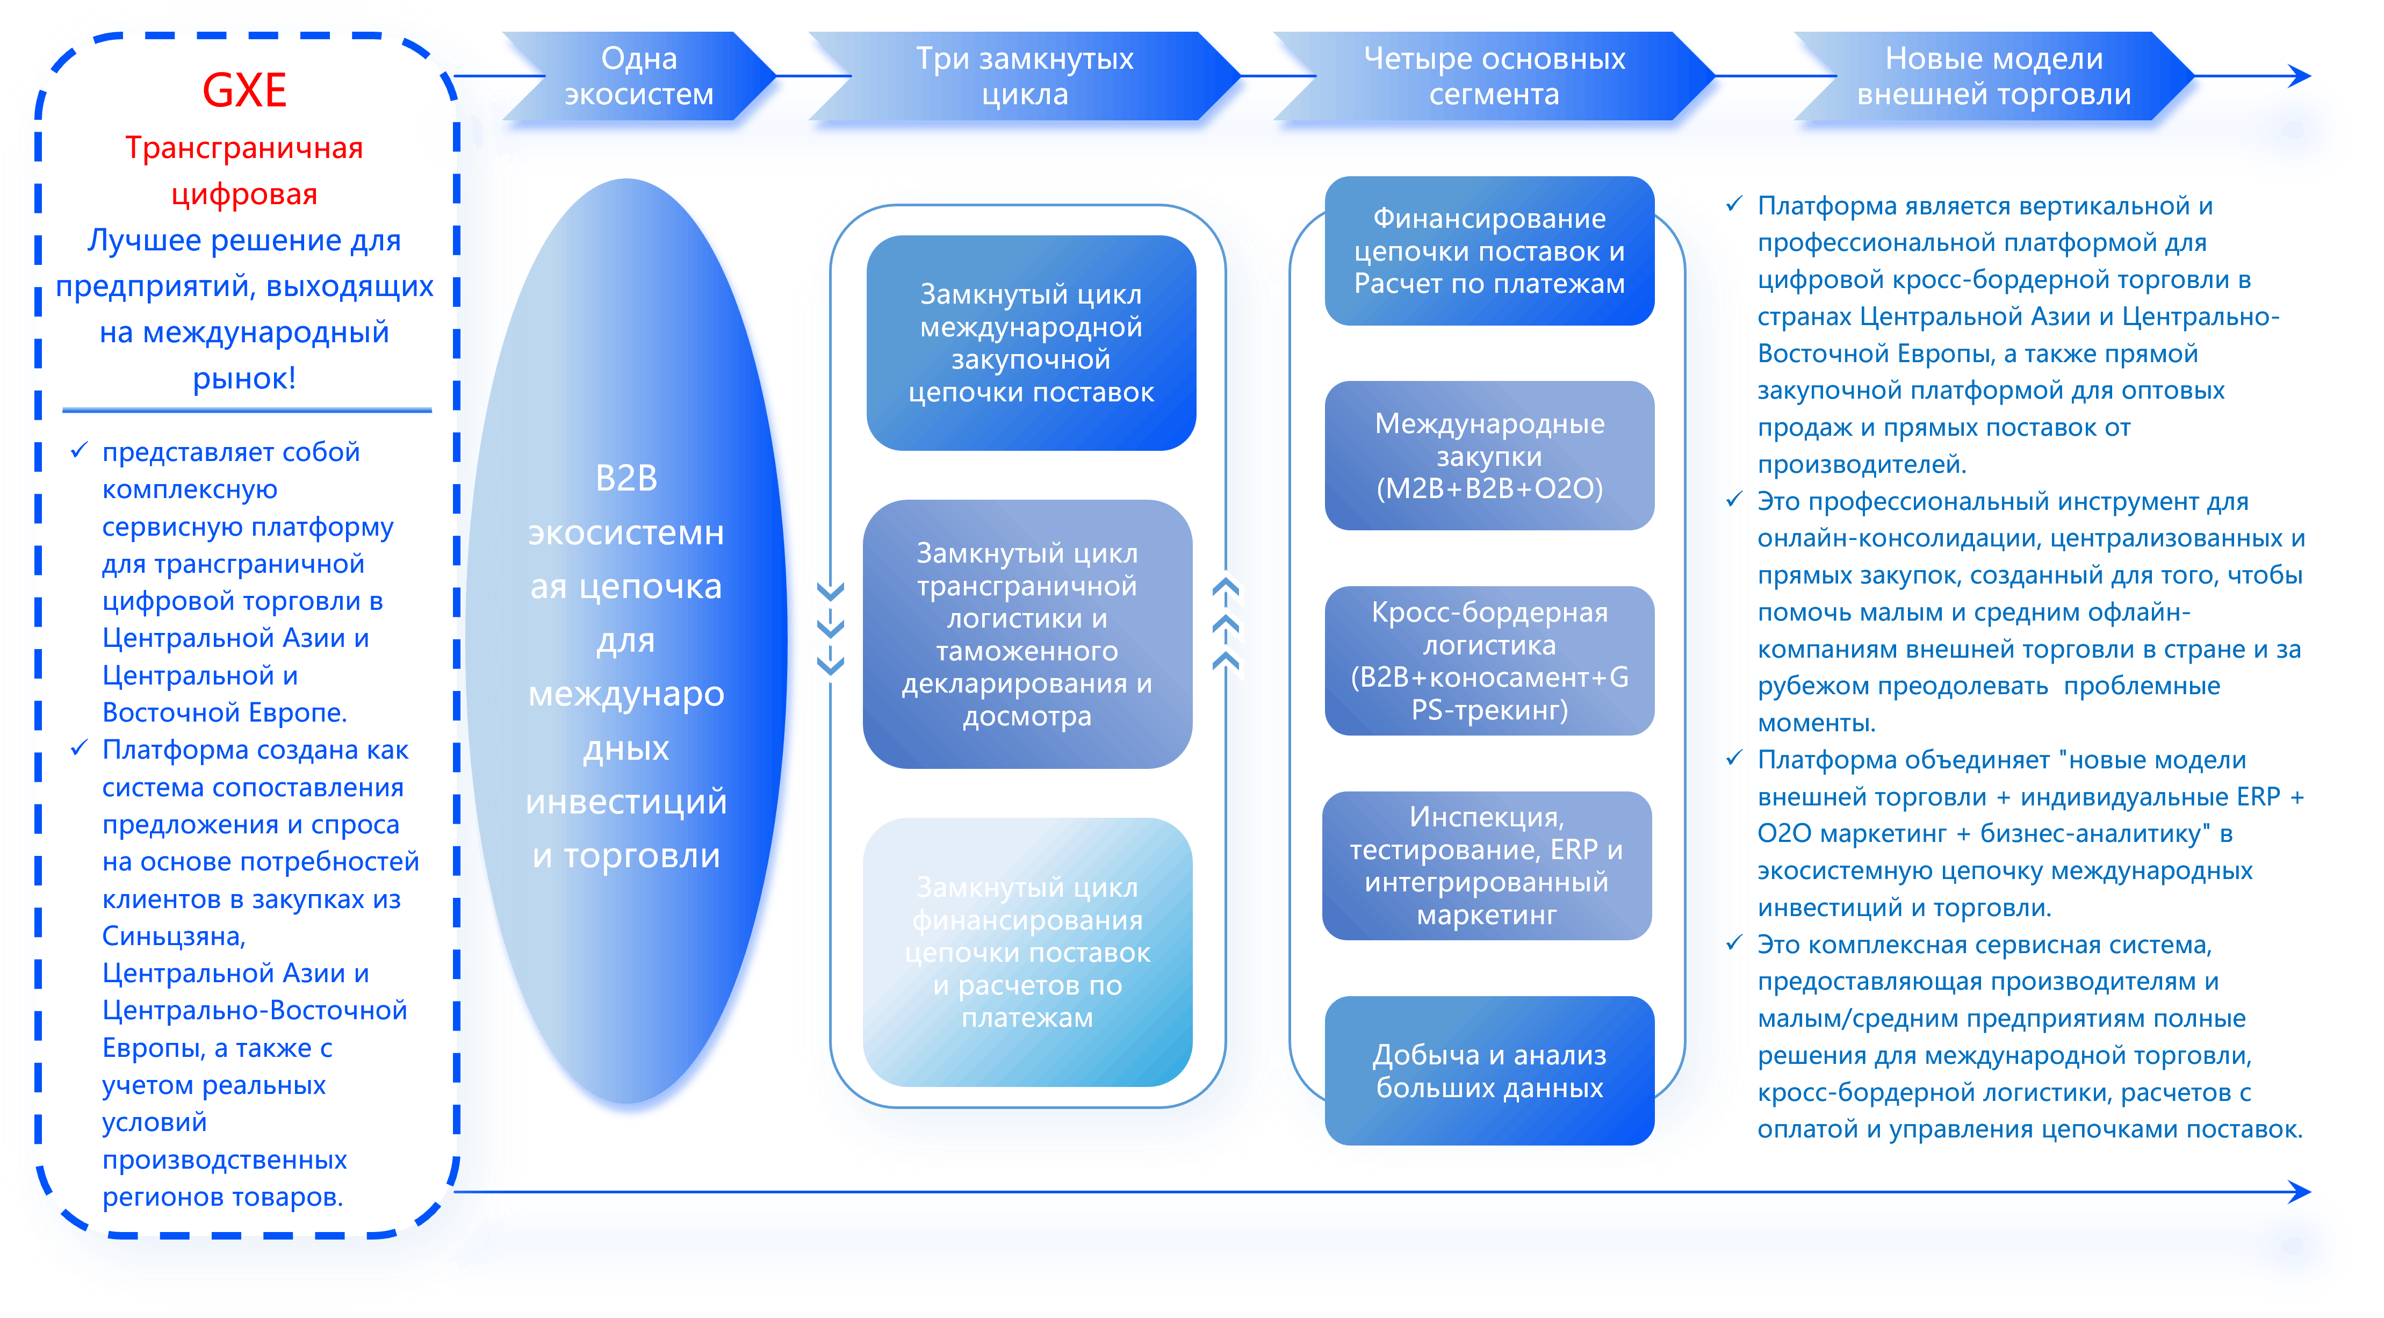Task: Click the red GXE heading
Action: click(x=244, y=91)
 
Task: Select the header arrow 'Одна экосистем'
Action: click(x=638, y=76)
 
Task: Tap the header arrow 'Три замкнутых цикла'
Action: click(x=1025, y=76)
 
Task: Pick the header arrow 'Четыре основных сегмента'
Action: click(x=1494, y=76)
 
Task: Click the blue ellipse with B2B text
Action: click(x=626, y=666)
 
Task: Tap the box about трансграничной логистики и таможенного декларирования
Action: click(x=1027, y=634)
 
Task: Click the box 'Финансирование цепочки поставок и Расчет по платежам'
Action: click(x=1489, y=251)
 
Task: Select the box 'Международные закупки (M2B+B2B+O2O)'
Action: click(x=1489, y=456)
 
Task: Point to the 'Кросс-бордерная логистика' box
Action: click(x=1489, y=661)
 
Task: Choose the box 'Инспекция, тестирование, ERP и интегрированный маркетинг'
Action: click(x=1486, y=866)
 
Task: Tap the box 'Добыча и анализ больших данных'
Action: click(x=1489, y=1071)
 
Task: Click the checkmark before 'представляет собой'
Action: click(x=80, y=451)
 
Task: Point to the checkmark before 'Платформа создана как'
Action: click(x=80, y=748)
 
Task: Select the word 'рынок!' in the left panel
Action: click(x=244, y=378)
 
